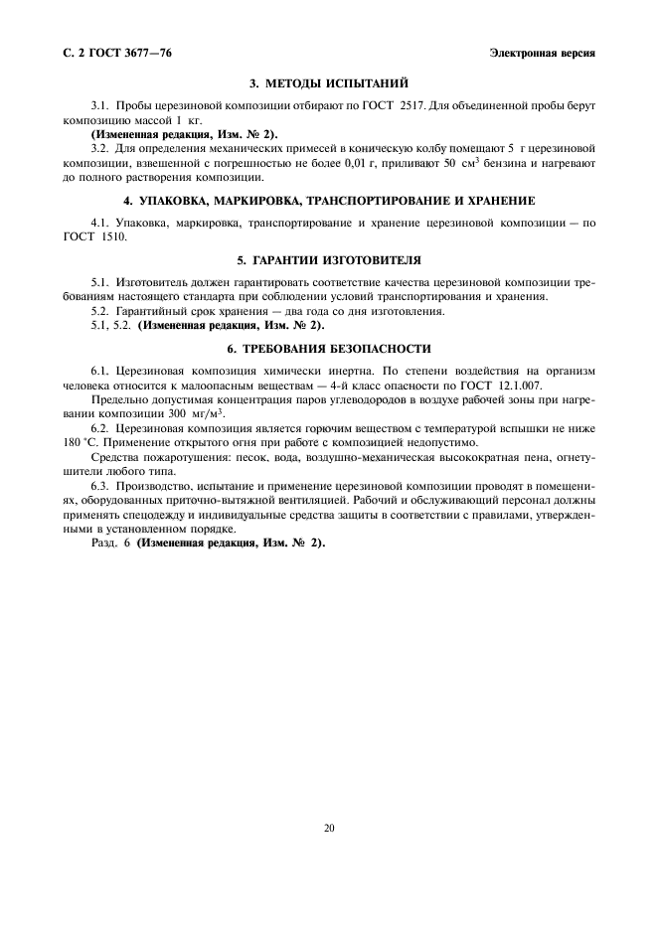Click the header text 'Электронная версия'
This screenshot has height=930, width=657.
(542, 54)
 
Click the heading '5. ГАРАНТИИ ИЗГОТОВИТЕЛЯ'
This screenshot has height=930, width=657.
(328, 260)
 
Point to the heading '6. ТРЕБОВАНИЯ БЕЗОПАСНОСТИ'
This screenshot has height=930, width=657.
(328, 349)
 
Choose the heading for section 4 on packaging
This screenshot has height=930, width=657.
(328, 201)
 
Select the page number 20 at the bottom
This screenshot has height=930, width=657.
(328, 828)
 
